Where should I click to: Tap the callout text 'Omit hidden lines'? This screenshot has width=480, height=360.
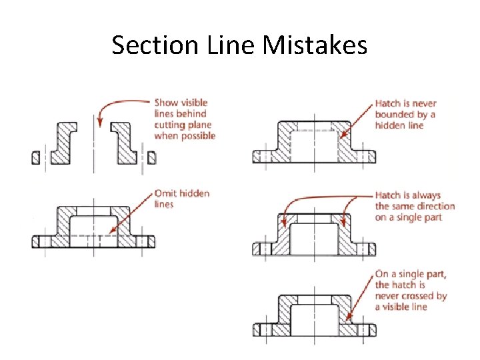click(181, 199)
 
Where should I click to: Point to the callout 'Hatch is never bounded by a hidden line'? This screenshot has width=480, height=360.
click(405, 114)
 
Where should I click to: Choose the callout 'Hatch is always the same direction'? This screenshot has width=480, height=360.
click(414, 206)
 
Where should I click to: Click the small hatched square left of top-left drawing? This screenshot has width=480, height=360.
click(36, 157)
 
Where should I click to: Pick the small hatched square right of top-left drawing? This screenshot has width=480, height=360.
click(151, 157)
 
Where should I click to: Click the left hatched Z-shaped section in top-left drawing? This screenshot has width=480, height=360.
click(65, 143)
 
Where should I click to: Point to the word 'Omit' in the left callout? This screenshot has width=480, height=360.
click(165, 193)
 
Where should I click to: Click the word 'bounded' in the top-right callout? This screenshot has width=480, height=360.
click(393, 114)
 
